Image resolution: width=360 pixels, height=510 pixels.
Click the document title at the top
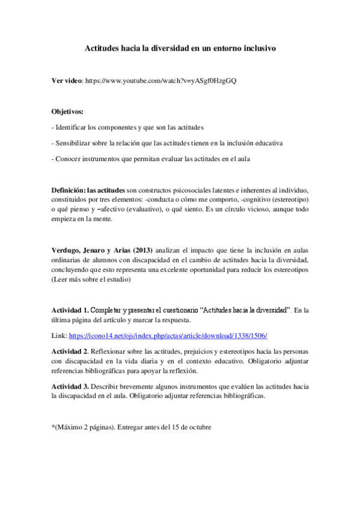(180, 49)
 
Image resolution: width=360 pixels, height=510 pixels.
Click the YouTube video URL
(161, 81)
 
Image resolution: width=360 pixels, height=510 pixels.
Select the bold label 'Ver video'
(67, 81)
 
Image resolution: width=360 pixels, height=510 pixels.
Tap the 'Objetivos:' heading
(67, 111)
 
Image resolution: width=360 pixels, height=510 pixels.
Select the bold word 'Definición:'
(69, 190)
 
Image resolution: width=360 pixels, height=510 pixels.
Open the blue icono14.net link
(168, 335)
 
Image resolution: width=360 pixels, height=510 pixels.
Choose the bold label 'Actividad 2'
(70, 351)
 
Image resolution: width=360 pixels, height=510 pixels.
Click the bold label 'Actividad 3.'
(70, 386)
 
